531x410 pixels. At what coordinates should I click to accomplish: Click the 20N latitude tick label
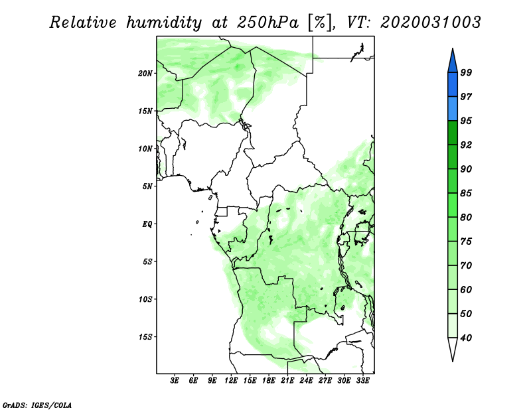click(x=145, y=73)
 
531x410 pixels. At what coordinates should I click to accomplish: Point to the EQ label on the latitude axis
click(x=148, y=224)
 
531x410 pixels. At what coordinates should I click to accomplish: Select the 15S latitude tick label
click(x=145, y=336)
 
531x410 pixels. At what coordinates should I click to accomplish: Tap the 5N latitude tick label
click(x=148, y=186)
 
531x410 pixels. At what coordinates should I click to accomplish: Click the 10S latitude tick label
click(x=145, y=299)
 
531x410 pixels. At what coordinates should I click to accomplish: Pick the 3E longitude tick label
click(x=175, y=381)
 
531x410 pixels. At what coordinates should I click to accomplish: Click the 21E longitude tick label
click(x=287, y=381)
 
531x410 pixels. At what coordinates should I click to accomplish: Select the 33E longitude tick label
click(x=362, y=381)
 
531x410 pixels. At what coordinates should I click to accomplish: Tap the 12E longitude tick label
click(x=231, y=381)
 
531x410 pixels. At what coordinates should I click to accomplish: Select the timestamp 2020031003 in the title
click(x=431, y=23)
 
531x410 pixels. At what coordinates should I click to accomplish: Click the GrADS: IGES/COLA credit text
click(x=37, y=404)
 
